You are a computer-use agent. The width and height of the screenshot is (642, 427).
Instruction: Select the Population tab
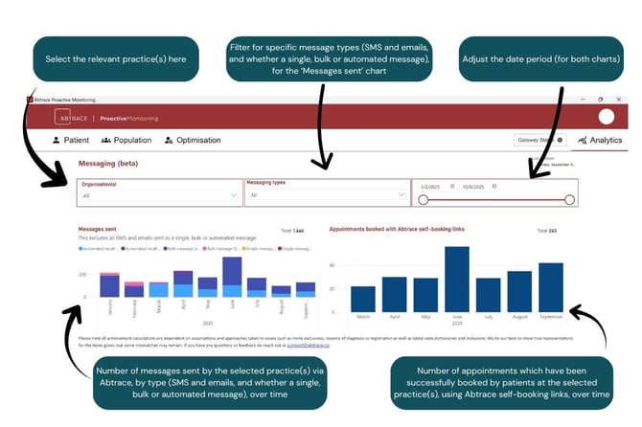pos(126,140)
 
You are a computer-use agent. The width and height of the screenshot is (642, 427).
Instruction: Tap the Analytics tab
pos(601,140)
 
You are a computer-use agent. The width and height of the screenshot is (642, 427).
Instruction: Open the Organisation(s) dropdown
pos(159,194)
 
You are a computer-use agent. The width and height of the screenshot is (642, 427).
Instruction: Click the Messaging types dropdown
pos(326,194)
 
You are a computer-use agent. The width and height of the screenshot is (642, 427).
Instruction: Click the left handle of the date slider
pos(423,200)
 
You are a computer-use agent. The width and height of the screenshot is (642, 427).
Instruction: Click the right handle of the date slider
pos(569,200)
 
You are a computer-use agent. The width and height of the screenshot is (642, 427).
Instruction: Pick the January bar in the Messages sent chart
pos(109,285)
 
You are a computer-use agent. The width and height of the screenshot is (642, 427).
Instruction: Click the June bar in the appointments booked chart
pos(457,280)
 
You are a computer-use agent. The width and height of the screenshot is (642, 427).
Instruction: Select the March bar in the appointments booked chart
pos(363,299)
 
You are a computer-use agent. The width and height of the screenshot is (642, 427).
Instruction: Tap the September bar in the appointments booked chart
pos(551,287)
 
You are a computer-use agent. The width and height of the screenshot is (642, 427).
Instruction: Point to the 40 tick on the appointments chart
pos(332,265)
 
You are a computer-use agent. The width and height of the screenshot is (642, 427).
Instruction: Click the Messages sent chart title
pos(98,230)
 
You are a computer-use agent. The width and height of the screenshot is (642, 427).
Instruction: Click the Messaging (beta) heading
pos(108,164)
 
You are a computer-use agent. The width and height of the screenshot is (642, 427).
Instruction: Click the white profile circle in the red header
pos(605,117)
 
